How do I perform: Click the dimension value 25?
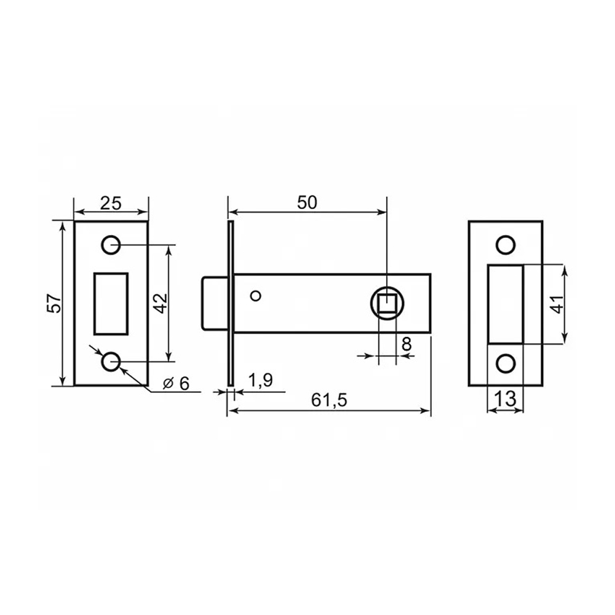(111, 204)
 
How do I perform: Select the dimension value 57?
(55, 303)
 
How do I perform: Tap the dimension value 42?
(160, 303)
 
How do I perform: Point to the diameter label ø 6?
(177, 383)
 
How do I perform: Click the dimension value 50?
(307, 203)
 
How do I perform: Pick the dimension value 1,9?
(260, 381)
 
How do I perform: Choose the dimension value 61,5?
(330, 400)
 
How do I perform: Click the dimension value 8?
(407, 344)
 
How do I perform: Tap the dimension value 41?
(557, 304)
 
